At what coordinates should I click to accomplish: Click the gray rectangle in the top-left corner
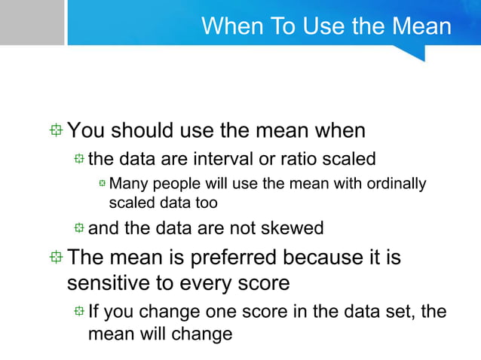[32, 23]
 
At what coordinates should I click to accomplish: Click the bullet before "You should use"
[57, 131]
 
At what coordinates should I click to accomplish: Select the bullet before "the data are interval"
[79, 159]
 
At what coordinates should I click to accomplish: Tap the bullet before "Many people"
[102, 184]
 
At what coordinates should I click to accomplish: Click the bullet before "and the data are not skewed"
[79, 228]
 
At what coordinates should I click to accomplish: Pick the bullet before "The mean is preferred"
[57, 258]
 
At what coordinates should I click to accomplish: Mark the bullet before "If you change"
[79, 310]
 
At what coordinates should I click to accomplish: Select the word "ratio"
[299, 159]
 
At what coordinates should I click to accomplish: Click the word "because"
[325, 258]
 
